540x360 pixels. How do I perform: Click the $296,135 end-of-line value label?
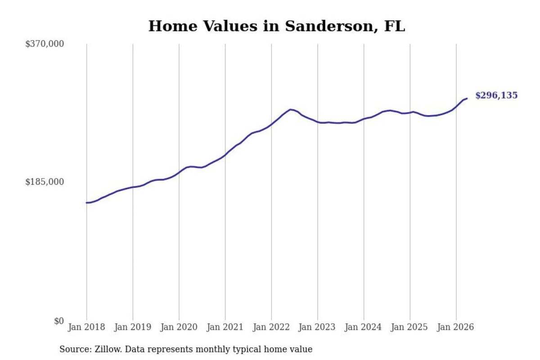pos(496,95)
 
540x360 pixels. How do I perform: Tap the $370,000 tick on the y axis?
pos(45,44)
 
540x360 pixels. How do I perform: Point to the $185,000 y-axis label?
pos(45,182)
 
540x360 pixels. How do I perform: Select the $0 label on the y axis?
pos(59,321)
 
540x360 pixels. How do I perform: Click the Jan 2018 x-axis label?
pos(86,327)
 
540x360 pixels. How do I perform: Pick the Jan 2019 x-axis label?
pos(133,327)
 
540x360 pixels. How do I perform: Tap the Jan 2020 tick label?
pos(179,327)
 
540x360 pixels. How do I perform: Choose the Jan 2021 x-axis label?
pos(225,327)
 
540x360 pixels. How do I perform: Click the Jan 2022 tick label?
pos(271,327)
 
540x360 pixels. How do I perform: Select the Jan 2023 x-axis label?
pos(317,327)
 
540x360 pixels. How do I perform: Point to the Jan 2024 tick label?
pos(363,327)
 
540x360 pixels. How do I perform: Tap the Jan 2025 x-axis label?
pos(409,327)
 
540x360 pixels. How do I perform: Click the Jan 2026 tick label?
pos(455,327)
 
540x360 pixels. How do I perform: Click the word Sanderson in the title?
pos(329,26)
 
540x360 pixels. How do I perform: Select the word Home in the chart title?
pos(173,26)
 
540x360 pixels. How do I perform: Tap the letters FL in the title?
pos(395,26)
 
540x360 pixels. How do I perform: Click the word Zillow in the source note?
pos(108,349)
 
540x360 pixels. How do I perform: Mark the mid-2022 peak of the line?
pos(291,109)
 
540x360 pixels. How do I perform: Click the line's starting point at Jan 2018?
pos(86,203)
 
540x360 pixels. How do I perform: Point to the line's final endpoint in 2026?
pos(467,99)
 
